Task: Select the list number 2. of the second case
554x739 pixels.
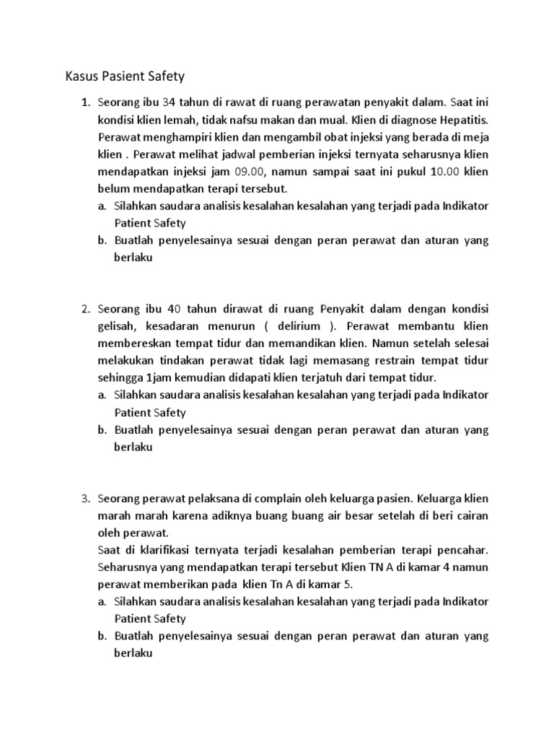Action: click(86, 308)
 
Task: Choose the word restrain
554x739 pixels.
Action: click(397, 360)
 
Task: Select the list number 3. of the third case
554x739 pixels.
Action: click(86, 497)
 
